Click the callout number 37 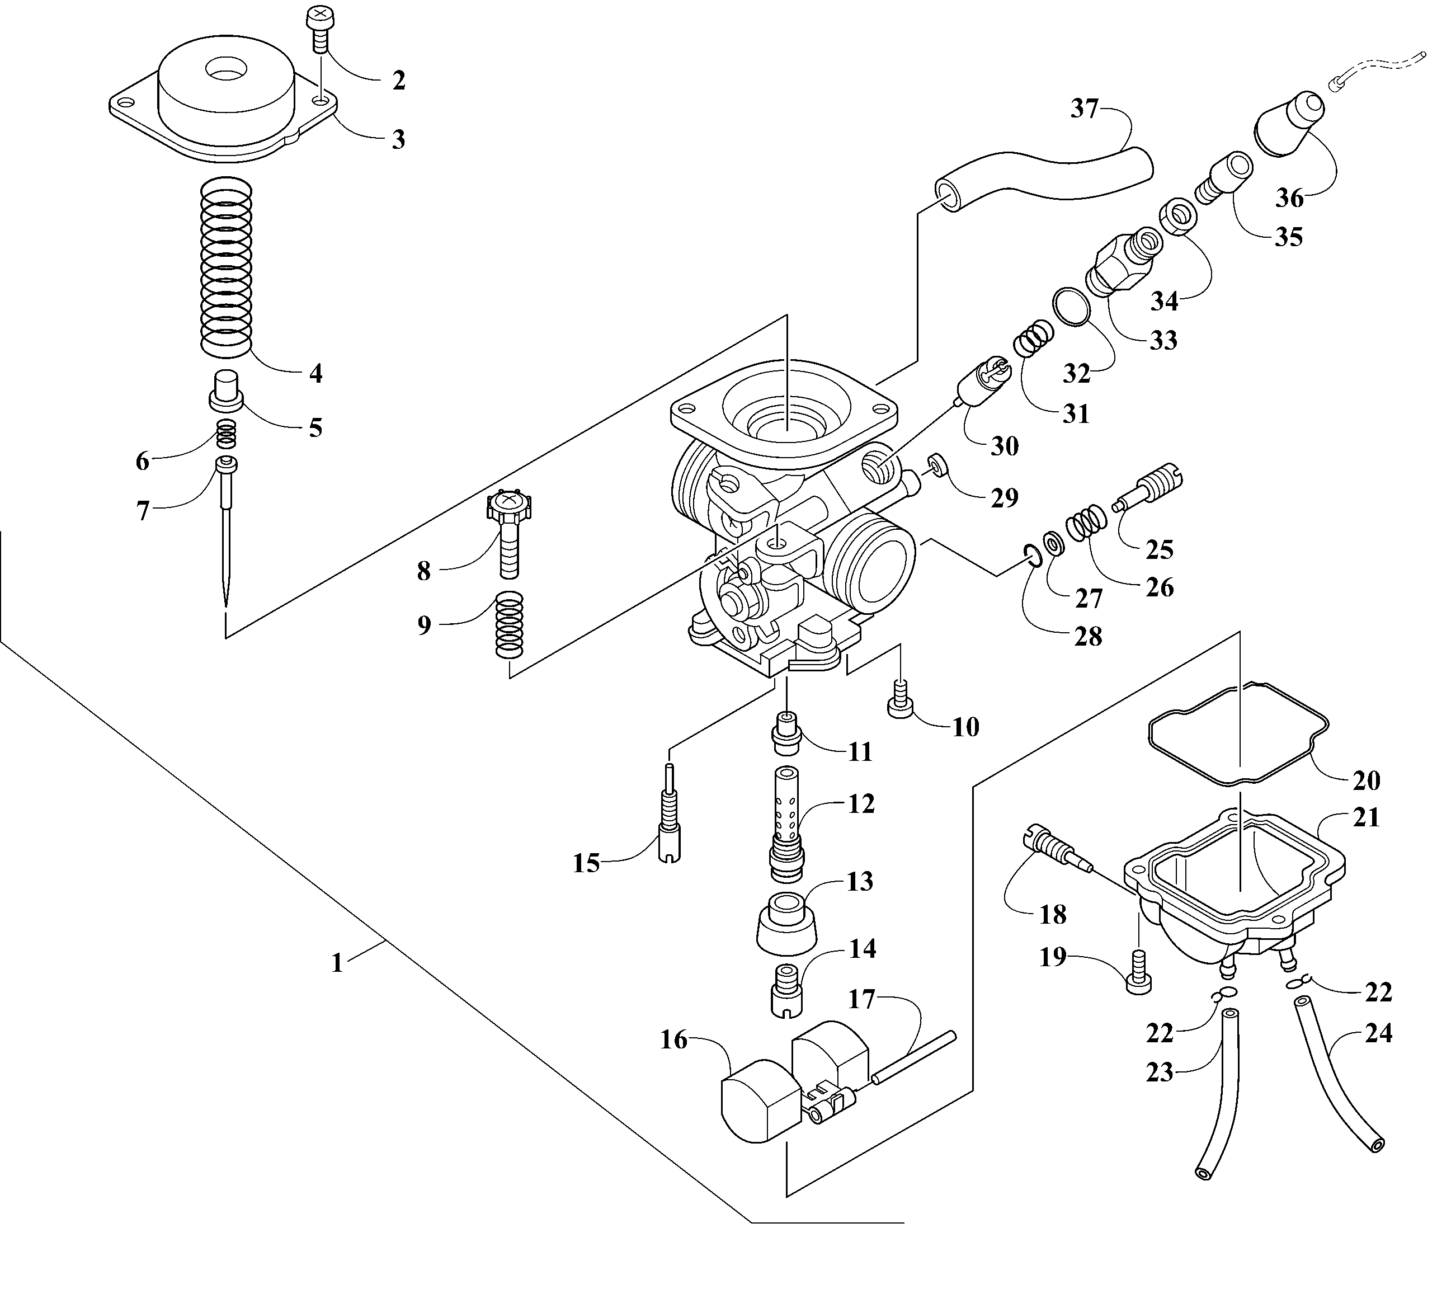(x=1083, y=110)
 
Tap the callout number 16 (x=673, y=1039)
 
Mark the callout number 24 (x=1378, y=1033)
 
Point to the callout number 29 (x=1004, y=497)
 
